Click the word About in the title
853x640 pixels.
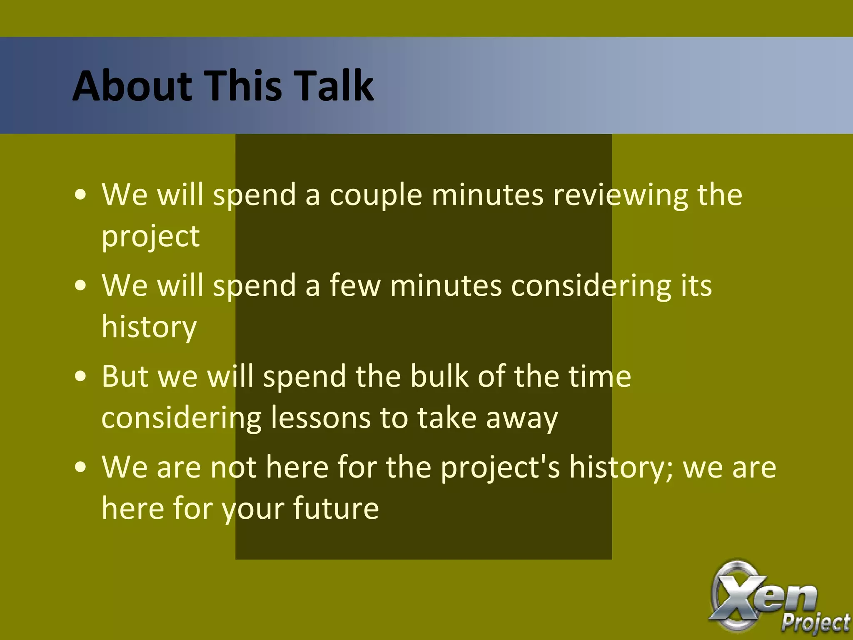[132, 86]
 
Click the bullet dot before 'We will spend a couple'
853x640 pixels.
[81, 195]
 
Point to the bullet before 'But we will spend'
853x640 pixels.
[81, 377]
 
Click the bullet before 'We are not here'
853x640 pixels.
[81, 467]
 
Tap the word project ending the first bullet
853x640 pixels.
[150, 237]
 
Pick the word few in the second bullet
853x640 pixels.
[355, 286]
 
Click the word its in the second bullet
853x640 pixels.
[696, 286]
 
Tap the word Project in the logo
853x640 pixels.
[815, 622]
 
